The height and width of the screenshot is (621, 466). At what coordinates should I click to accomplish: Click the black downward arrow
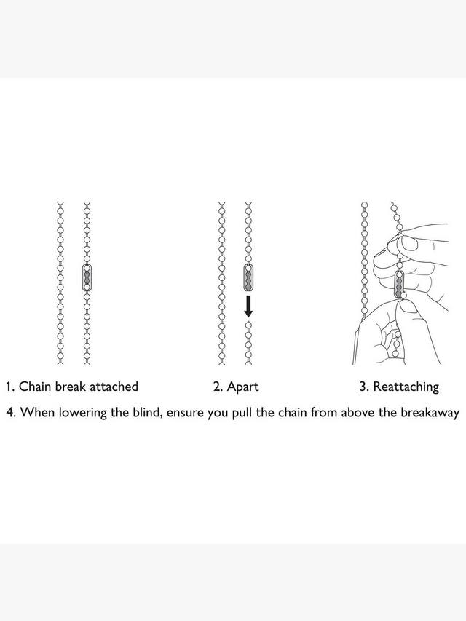[x=248, y=306]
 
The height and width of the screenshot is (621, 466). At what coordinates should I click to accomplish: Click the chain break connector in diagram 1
[x=87, y=277]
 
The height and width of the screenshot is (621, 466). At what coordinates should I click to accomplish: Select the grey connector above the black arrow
[x=248, y=277]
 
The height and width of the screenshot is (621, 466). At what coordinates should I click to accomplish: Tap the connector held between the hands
[x=399, y=286]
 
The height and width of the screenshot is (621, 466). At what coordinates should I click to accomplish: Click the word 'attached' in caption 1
[x=114, y=386]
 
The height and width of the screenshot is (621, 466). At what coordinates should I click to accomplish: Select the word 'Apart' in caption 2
[x=242, y=387]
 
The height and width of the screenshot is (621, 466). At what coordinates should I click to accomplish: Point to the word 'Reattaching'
[x=406, y=387]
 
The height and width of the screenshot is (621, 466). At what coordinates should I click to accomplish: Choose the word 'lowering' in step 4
[x=83, y=413]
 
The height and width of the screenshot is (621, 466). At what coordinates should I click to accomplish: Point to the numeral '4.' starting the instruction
[x=11, y=413]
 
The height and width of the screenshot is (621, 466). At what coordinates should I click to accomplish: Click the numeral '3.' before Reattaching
[x=365, y=387]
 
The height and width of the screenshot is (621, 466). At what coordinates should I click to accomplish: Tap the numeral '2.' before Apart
[x=218, y=387]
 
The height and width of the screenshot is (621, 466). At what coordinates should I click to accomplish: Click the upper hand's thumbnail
[x=411, y=244]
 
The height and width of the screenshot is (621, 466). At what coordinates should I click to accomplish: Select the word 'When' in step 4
[x=37, y=413]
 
